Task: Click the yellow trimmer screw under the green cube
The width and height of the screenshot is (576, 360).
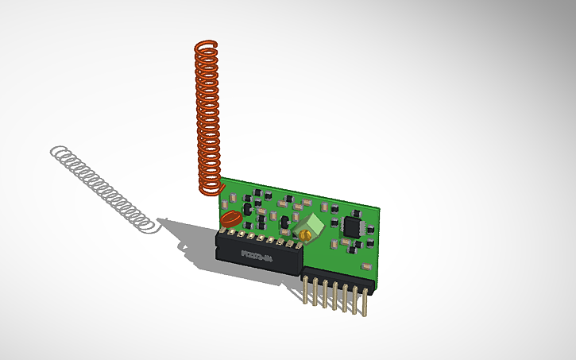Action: (x=303, y=236)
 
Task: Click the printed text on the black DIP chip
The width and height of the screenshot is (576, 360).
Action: (x=257, y=256)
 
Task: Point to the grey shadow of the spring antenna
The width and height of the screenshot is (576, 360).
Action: (x=103, y=187)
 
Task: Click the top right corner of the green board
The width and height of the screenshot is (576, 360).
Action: (x=380, y=209)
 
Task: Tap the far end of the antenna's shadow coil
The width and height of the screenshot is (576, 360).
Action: (x=56, y=152)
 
